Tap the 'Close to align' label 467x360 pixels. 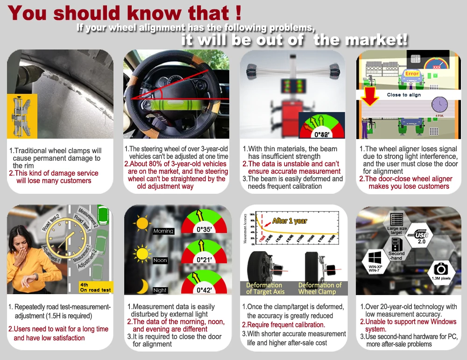point(403,95)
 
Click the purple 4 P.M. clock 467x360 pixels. point(439,105)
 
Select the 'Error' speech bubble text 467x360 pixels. point(412,74)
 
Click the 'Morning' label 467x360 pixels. point(163,231)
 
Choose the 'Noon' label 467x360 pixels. point(160,261)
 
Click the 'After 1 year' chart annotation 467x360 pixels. point(290,221)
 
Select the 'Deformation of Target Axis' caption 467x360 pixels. point(264,288)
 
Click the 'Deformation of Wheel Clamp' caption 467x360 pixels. point(320,288)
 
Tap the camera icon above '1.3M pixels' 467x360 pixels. point(440,268)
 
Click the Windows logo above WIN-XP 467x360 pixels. point(375,257)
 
